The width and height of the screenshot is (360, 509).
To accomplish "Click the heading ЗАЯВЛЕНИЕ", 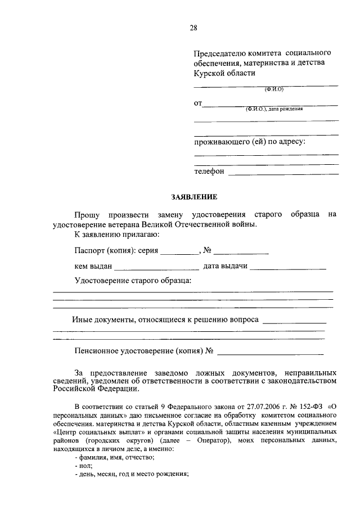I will click(193, 197).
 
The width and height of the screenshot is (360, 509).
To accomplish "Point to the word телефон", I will click(209, 171).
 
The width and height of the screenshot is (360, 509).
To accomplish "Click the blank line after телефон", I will click(283, 174).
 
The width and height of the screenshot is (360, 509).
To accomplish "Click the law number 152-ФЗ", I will click(310, 406).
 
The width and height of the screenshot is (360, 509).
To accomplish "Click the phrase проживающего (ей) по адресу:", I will click(250, 142).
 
